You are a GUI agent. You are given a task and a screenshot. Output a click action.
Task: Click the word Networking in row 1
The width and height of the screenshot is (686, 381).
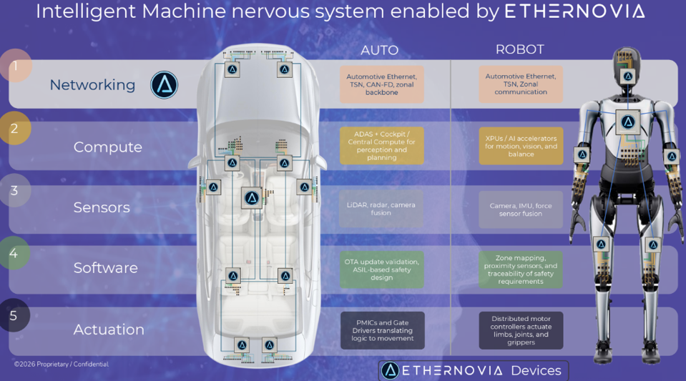[x=92, y=85]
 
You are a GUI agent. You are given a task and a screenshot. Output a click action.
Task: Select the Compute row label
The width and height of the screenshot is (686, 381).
[x=107, y=147]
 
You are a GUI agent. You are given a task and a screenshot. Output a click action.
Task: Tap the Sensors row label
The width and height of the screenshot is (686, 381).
[x=102, y=207]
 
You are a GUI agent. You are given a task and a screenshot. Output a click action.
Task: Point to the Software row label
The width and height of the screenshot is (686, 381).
[x=105, y=268]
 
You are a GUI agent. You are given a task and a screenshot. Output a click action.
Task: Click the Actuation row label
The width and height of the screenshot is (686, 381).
[x=109, y=330]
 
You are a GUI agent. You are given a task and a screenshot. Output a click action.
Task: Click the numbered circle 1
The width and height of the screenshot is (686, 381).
[x=14, y=66]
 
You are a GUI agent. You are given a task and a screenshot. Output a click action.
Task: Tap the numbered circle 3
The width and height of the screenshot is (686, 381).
[x=14, y=191]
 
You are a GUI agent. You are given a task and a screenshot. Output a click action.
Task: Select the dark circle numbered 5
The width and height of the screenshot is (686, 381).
[x=14, y=315]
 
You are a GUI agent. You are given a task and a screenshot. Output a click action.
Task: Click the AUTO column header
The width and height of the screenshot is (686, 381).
[x=379, y=51]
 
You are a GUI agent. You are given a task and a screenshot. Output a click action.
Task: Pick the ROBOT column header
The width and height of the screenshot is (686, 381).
[x=519, y=49]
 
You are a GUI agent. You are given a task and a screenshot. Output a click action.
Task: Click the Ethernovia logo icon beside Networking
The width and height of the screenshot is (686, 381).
[x=164, y=85]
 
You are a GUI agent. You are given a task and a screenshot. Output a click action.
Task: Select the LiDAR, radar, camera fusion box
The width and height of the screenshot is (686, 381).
[x=381, y=209]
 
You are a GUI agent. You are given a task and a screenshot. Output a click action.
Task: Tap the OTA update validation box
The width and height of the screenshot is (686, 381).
[x=381, y=269]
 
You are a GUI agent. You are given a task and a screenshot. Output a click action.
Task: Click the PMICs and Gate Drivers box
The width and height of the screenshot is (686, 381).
[x=382, y=330]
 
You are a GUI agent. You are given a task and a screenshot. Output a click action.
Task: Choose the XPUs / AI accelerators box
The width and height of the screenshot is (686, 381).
[x=521, y=146]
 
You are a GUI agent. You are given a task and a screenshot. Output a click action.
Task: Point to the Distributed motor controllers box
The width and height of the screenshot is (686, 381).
[x=521, y=330]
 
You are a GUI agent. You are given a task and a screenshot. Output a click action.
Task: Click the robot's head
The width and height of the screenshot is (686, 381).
[x=627, y=68]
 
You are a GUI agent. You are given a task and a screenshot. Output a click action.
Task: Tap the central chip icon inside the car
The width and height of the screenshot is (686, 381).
[x=251, y=198]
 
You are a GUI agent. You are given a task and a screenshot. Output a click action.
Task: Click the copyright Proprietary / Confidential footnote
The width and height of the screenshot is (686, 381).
[x=62, y=365]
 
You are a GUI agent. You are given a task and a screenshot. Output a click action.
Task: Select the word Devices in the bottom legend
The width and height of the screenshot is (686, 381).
[x=536, y=370]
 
